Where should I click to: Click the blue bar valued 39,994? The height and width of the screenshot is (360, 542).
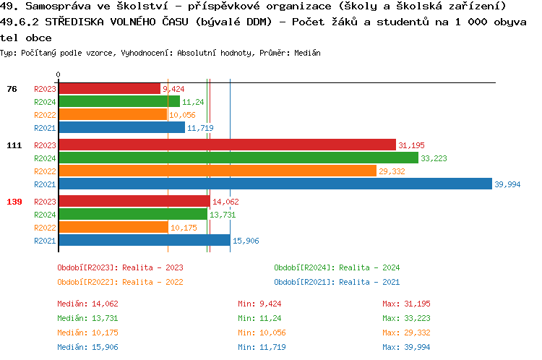tap(275, 184)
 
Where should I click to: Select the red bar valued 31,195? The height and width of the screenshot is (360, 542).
tap(227, 145)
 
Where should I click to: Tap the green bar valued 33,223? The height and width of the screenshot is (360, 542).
tap(238, 158)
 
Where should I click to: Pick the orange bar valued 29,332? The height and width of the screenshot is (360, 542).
tap(217, 171)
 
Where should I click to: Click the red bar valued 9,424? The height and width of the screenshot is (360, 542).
tap(109, 88)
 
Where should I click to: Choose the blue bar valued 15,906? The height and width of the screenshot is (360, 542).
tap(144, 240)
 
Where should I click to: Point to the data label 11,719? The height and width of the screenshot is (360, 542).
tap(200, 128)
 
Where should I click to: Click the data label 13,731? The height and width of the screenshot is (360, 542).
tap(222, 215)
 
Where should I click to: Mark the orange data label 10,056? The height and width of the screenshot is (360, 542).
tap(182, 115)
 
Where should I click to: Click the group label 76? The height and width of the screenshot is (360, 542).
tap(12, 89)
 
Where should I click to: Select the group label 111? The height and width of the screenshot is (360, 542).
tap(14, 145)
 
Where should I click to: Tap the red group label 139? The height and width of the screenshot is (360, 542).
tap(14, 202)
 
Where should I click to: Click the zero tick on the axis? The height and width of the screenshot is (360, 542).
tap(58, 74)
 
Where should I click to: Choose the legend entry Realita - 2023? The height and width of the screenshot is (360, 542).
tap(120, 267)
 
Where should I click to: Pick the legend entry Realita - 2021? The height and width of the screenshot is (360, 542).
tap(337, 282)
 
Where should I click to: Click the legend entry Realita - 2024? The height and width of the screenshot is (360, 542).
tap(337, 267)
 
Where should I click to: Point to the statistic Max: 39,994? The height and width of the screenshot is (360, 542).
tap(406, 347)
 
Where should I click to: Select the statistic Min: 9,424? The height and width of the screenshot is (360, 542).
tap(262, 304)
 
